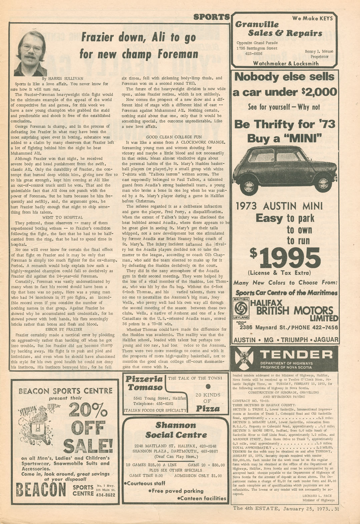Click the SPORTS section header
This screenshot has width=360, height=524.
coord(212,17)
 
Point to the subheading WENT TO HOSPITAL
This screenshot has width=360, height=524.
coord(62,217)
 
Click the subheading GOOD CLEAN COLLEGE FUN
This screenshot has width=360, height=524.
coord(173,137)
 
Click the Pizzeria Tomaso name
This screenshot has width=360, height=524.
coord(144,383)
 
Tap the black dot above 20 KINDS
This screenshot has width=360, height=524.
coord(209,387)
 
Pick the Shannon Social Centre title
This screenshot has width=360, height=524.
coord(176,430)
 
